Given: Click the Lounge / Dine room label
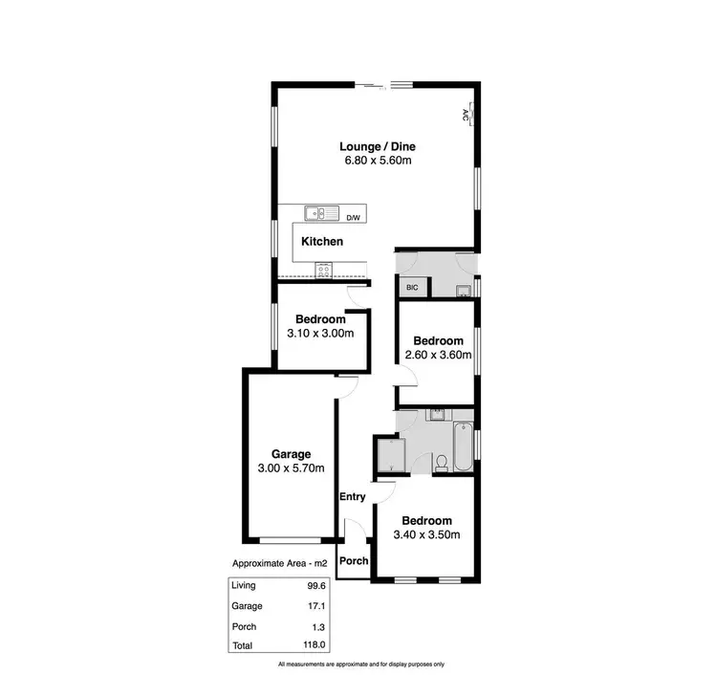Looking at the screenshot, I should (378, 146).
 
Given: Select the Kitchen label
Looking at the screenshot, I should (322, 242).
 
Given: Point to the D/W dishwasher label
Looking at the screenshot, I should (354, 218).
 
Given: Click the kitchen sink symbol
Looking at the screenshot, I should (318, 214).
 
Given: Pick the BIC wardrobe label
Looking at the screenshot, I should (413, 287).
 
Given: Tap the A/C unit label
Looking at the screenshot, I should (466, 116).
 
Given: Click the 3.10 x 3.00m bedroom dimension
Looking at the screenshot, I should (320, 334).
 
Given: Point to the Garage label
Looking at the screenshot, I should (291, 454).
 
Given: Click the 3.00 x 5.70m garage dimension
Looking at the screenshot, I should (291, 468).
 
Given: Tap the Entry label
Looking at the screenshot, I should (353, 496).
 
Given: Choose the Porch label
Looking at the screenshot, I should (355, 560).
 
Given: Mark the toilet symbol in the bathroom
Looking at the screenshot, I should (441, 464).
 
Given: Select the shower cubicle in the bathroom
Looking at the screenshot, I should (389, 454).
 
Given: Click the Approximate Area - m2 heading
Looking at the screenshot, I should (282, 564).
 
